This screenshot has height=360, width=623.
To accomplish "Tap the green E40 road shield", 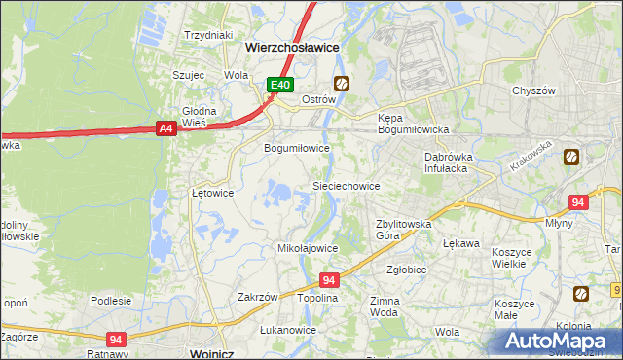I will pyautogui.click(x=280, y=85).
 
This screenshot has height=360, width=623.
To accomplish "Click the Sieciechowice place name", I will pyautogui.click(x=345, y=185).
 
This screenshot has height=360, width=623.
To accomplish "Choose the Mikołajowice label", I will pyautogui.click(x=308, y=248).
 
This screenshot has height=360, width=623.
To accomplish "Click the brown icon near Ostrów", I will pyautogui.click(x=341, y=84).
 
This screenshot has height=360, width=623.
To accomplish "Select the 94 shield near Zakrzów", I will pyautogui.click(x=329, y=279).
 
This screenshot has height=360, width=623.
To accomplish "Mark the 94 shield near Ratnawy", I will pyautogui.click(x=118, y=339).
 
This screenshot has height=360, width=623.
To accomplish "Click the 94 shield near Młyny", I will pyautogui.click(x=578, y=202).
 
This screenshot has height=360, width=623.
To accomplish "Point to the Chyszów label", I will pyautogui.click(x=532, y=90).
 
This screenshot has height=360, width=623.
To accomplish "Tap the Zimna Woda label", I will pyautogui.click(x=385, y=307).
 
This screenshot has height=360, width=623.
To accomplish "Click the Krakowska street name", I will pyautogui.click(x=531, y=157).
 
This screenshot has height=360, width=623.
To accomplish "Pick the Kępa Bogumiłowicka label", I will pyautogui.click(x=412, y=124).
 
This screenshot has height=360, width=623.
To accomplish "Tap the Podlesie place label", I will pyautogui.click(x=111, y=301).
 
